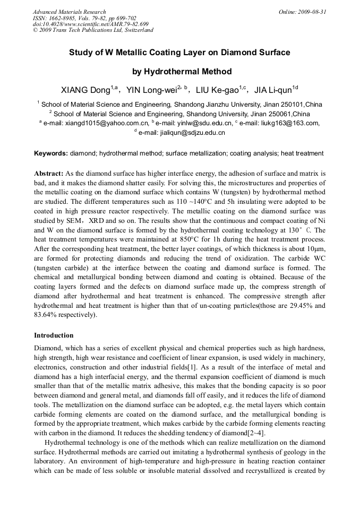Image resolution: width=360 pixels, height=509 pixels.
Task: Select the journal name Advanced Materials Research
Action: click(x=69, y=12)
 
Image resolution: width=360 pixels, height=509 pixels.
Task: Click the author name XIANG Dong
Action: click(x=85, y=90)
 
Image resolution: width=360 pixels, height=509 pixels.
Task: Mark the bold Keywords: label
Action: click(x=51, y=153)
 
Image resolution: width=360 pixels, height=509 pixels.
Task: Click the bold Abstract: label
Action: click(x=49, y=174)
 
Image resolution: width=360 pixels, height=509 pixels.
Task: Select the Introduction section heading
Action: click(x=54, y=335)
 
